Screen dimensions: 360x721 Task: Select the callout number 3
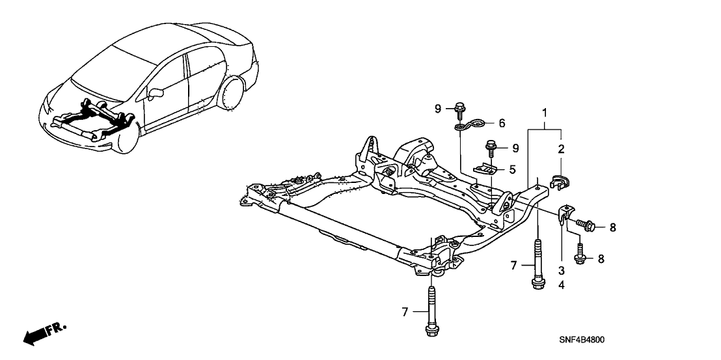pos(561,270)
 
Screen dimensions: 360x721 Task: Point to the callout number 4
pos(561,284)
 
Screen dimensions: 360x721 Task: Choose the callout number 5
pos(512,169)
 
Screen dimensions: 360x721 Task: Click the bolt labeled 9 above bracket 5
pos(493,148)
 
